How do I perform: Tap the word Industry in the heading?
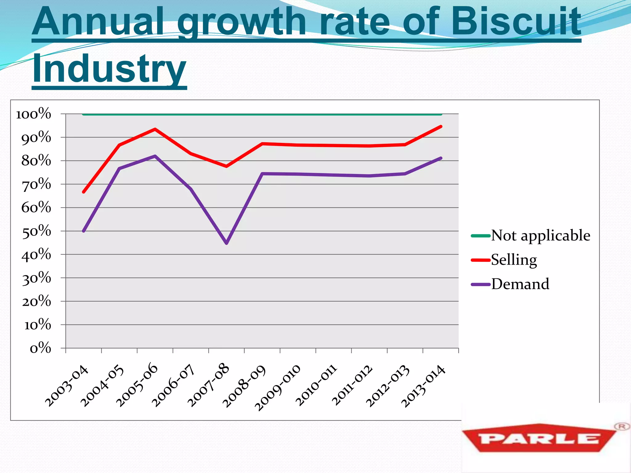(x=109, y=69)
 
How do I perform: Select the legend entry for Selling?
(x=514, y=260)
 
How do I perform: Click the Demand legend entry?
(x=520, y=284)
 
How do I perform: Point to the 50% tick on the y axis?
(x=36, y=231)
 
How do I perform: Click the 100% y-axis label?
(x=34, y=114)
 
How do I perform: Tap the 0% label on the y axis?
(x=40, y=348)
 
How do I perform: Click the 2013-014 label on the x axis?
(x=423, y=386)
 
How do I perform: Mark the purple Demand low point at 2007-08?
(x=227, y=243)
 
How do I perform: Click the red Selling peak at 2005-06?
(x=155, y=129)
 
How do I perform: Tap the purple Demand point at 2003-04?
(x=84, y=231)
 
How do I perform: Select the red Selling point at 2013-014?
(x=441, y=127)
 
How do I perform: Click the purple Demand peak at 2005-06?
(x=155, y=156)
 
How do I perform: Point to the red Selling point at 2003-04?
(x=84, y=192)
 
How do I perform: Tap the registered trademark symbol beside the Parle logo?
(x=621, y=427)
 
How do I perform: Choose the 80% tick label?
(x=36, y=161)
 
